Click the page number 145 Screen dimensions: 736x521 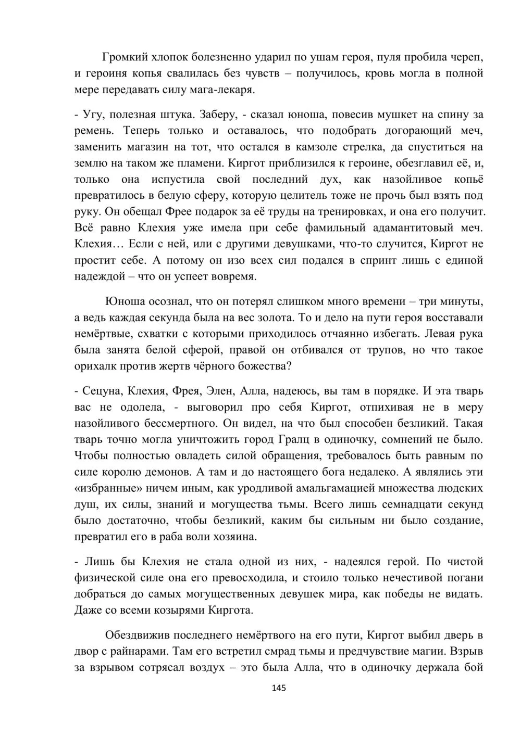279,688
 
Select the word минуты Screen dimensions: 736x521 461,301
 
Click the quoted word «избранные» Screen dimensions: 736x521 106,489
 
